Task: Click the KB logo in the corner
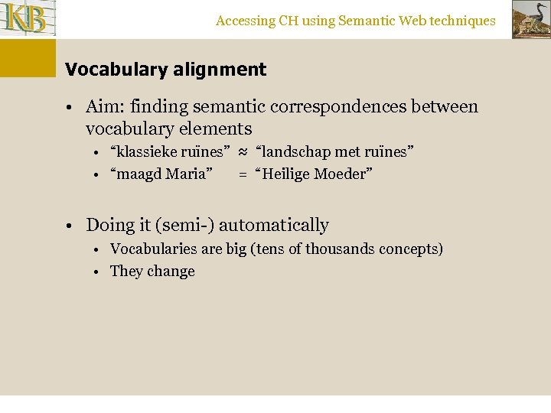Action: (x=28, y=18)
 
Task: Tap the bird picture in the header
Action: (x=530, y=19)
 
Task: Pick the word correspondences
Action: (x=347, y=107)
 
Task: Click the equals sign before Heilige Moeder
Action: (x=243, y=174)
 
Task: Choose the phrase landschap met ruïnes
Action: (x=334, y=151)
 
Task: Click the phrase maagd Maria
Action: (x=161, y=174)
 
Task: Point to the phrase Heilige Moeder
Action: (x=314, y=174)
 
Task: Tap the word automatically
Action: (x=273, y=226)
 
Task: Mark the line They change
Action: (x=152, y=272)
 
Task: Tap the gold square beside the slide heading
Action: (x=28, y=58)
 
